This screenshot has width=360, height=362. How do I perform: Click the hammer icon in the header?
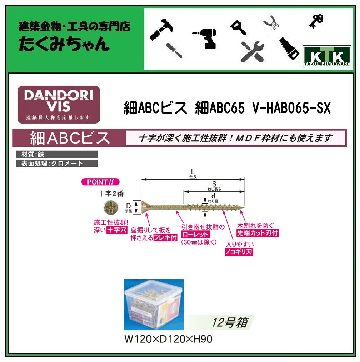tap(161, 27)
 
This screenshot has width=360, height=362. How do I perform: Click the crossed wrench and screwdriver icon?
tap(252, 51)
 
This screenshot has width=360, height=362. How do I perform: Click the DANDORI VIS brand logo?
tap(59, 104)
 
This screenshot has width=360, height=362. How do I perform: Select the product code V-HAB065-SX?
tap(291, 107)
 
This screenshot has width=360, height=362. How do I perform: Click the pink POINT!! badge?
tap(100, 182)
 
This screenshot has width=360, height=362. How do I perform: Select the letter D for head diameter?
tap(129, 205)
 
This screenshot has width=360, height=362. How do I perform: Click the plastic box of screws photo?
tap(154, 305)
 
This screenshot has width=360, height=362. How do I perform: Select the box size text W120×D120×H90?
tap(168, 339)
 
